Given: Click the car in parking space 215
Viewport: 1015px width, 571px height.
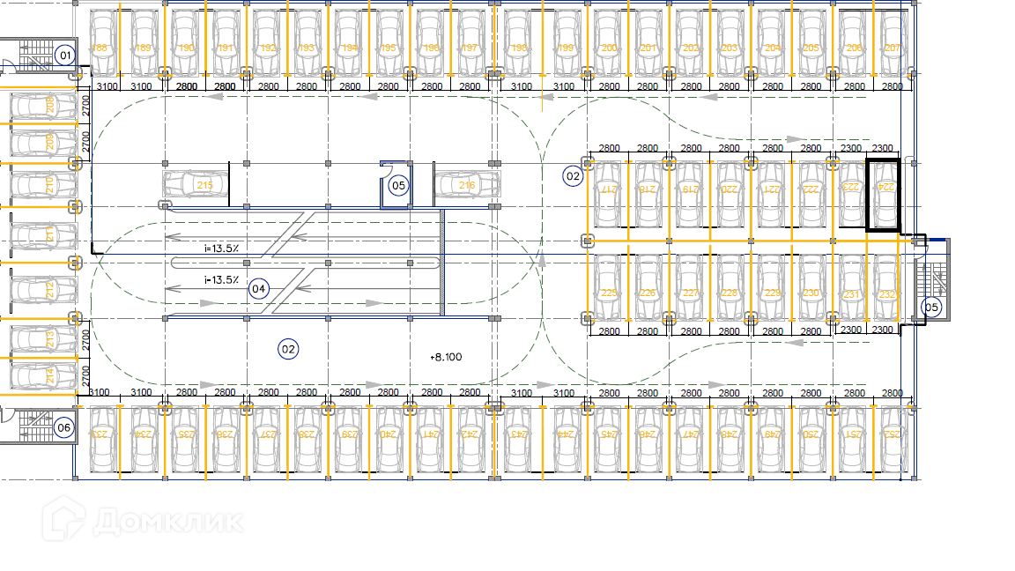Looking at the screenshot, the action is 196,185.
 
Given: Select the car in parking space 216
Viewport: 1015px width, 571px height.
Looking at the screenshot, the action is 466,185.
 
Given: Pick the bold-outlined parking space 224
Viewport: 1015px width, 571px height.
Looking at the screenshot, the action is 884,194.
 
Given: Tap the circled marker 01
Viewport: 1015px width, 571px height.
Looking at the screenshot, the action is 63,56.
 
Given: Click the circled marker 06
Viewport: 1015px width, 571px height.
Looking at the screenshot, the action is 63,428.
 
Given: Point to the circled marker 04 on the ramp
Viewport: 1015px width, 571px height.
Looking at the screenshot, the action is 258,288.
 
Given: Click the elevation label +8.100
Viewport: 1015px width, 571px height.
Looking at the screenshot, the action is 446,357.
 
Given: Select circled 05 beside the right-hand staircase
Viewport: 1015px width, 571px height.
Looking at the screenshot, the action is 931,308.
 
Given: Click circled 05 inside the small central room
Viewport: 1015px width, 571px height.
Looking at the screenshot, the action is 398,185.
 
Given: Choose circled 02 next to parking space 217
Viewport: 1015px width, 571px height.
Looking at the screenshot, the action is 574,176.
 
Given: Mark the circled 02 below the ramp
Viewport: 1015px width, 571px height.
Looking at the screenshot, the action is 288,349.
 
